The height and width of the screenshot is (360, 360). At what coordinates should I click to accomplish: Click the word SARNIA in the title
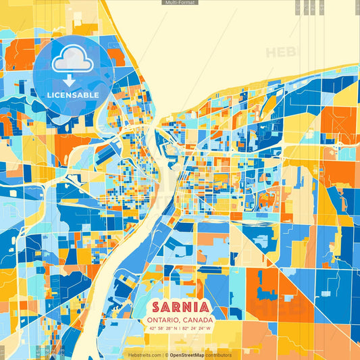[x=180, y=305]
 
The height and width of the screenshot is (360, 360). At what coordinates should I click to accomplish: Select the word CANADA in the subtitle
[x=198, y=319]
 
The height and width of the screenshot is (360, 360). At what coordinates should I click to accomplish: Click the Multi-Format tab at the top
[x=180, y=3]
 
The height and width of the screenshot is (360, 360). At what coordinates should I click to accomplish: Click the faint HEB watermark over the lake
[x=280, y=53]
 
